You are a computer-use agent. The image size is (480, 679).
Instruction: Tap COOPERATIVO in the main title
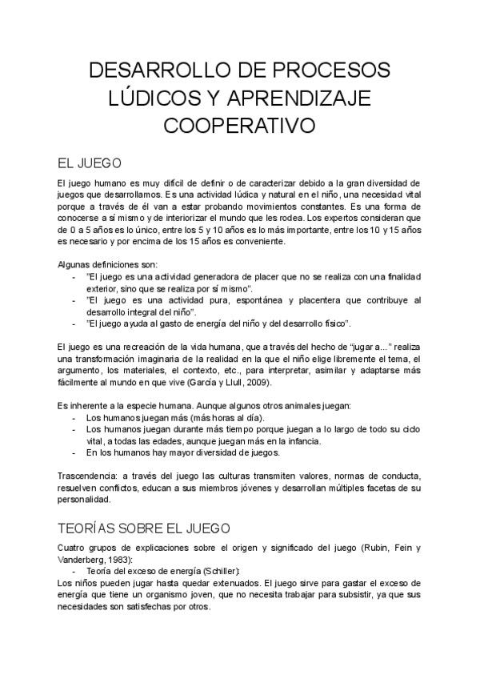point(239,127)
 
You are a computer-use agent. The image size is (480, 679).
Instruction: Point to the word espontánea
point(238,299)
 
